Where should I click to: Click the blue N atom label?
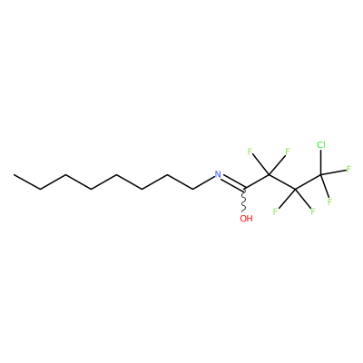[218, 174]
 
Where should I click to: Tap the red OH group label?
[246, 219]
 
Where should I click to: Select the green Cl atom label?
[321, 145]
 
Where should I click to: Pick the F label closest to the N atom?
[250, 152]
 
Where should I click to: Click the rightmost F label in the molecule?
[348, 169]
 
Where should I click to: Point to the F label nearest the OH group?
[275, 211]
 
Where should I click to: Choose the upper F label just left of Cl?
[288, 152]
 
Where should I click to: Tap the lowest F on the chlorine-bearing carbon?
[329, 201]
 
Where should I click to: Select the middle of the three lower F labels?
[313, 211]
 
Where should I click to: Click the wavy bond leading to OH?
[243, 201]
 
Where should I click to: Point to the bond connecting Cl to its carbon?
[321, 162]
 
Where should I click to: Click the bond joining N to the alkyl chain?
[203, 183]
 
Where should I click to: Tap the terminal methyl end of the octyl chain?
[14, 175]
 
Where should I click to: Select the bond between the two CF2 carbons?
[282, 182]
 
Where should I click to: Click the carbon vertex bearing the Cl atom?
[321, 175]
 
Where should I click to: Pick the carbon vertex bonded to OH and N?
[243, 190]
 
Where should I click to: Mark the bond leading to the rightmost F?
[333, 172]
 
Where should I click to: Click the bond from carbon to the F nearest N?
[260, 165]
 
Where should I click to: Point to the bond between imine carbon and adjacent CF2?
[256, 182]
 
